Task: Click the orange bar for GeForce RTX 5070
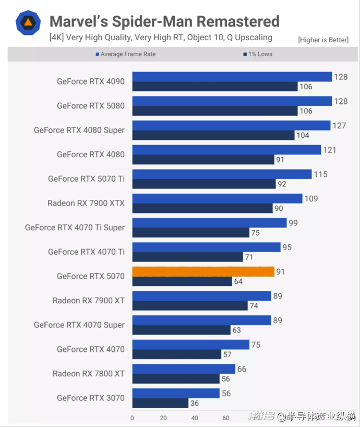coord(203,271)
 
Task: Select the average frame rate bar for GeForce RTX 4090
coord(232,77)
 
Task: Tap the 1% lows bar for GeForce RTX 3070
coord(160,403)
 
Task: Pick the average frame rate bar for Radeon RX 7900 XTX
coord(217,198)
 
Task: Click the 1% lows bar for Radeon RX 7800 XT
coord(176,379)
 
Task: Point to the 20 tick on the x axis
coord(163,418)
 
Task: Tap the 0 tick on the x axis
coord(132,418)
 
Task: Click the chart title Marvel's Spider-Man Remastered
coord(164,21)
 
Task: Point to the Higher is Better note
coord(323,40)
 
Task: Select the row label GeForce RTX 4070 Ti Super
coord(75,228)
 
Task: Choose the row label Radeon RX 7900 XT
coord(88,301)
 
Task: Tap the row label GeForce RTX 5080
coord(91,106)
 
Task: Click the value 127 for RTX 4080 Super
coord(340,125)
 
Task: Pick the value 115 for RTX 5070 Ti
coord(320,174)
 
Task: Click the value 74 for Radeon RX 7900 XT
coord(254,306)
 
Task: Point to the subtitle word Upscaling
coord(253,37)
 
